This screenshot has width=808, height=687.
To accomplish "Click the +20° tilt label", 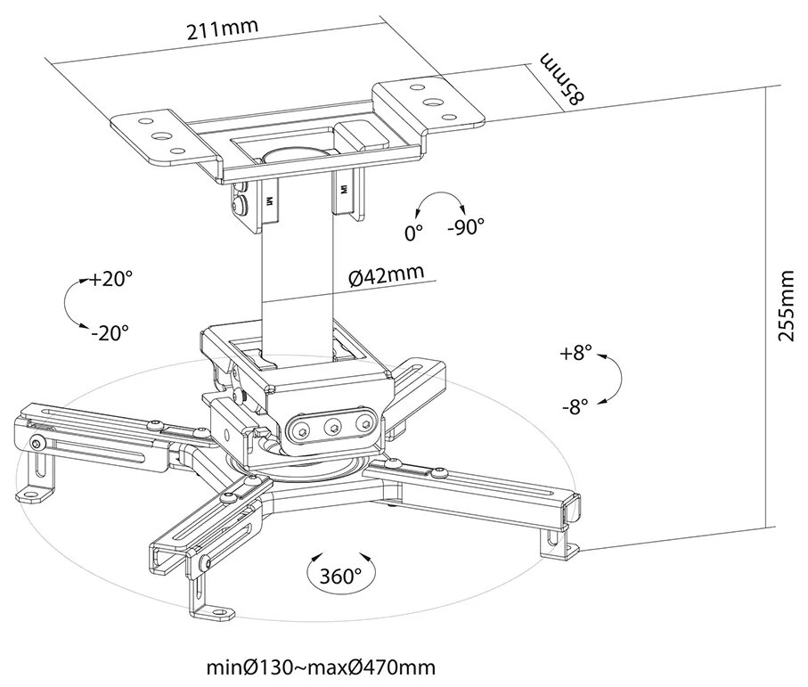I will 110,279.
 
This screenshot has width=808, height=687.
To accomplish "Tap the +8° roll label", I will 576,353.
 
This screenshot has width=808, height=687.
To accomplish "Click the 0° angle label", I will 413,233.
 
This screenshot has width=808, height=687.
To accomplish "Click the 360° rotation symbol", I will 341,575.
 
